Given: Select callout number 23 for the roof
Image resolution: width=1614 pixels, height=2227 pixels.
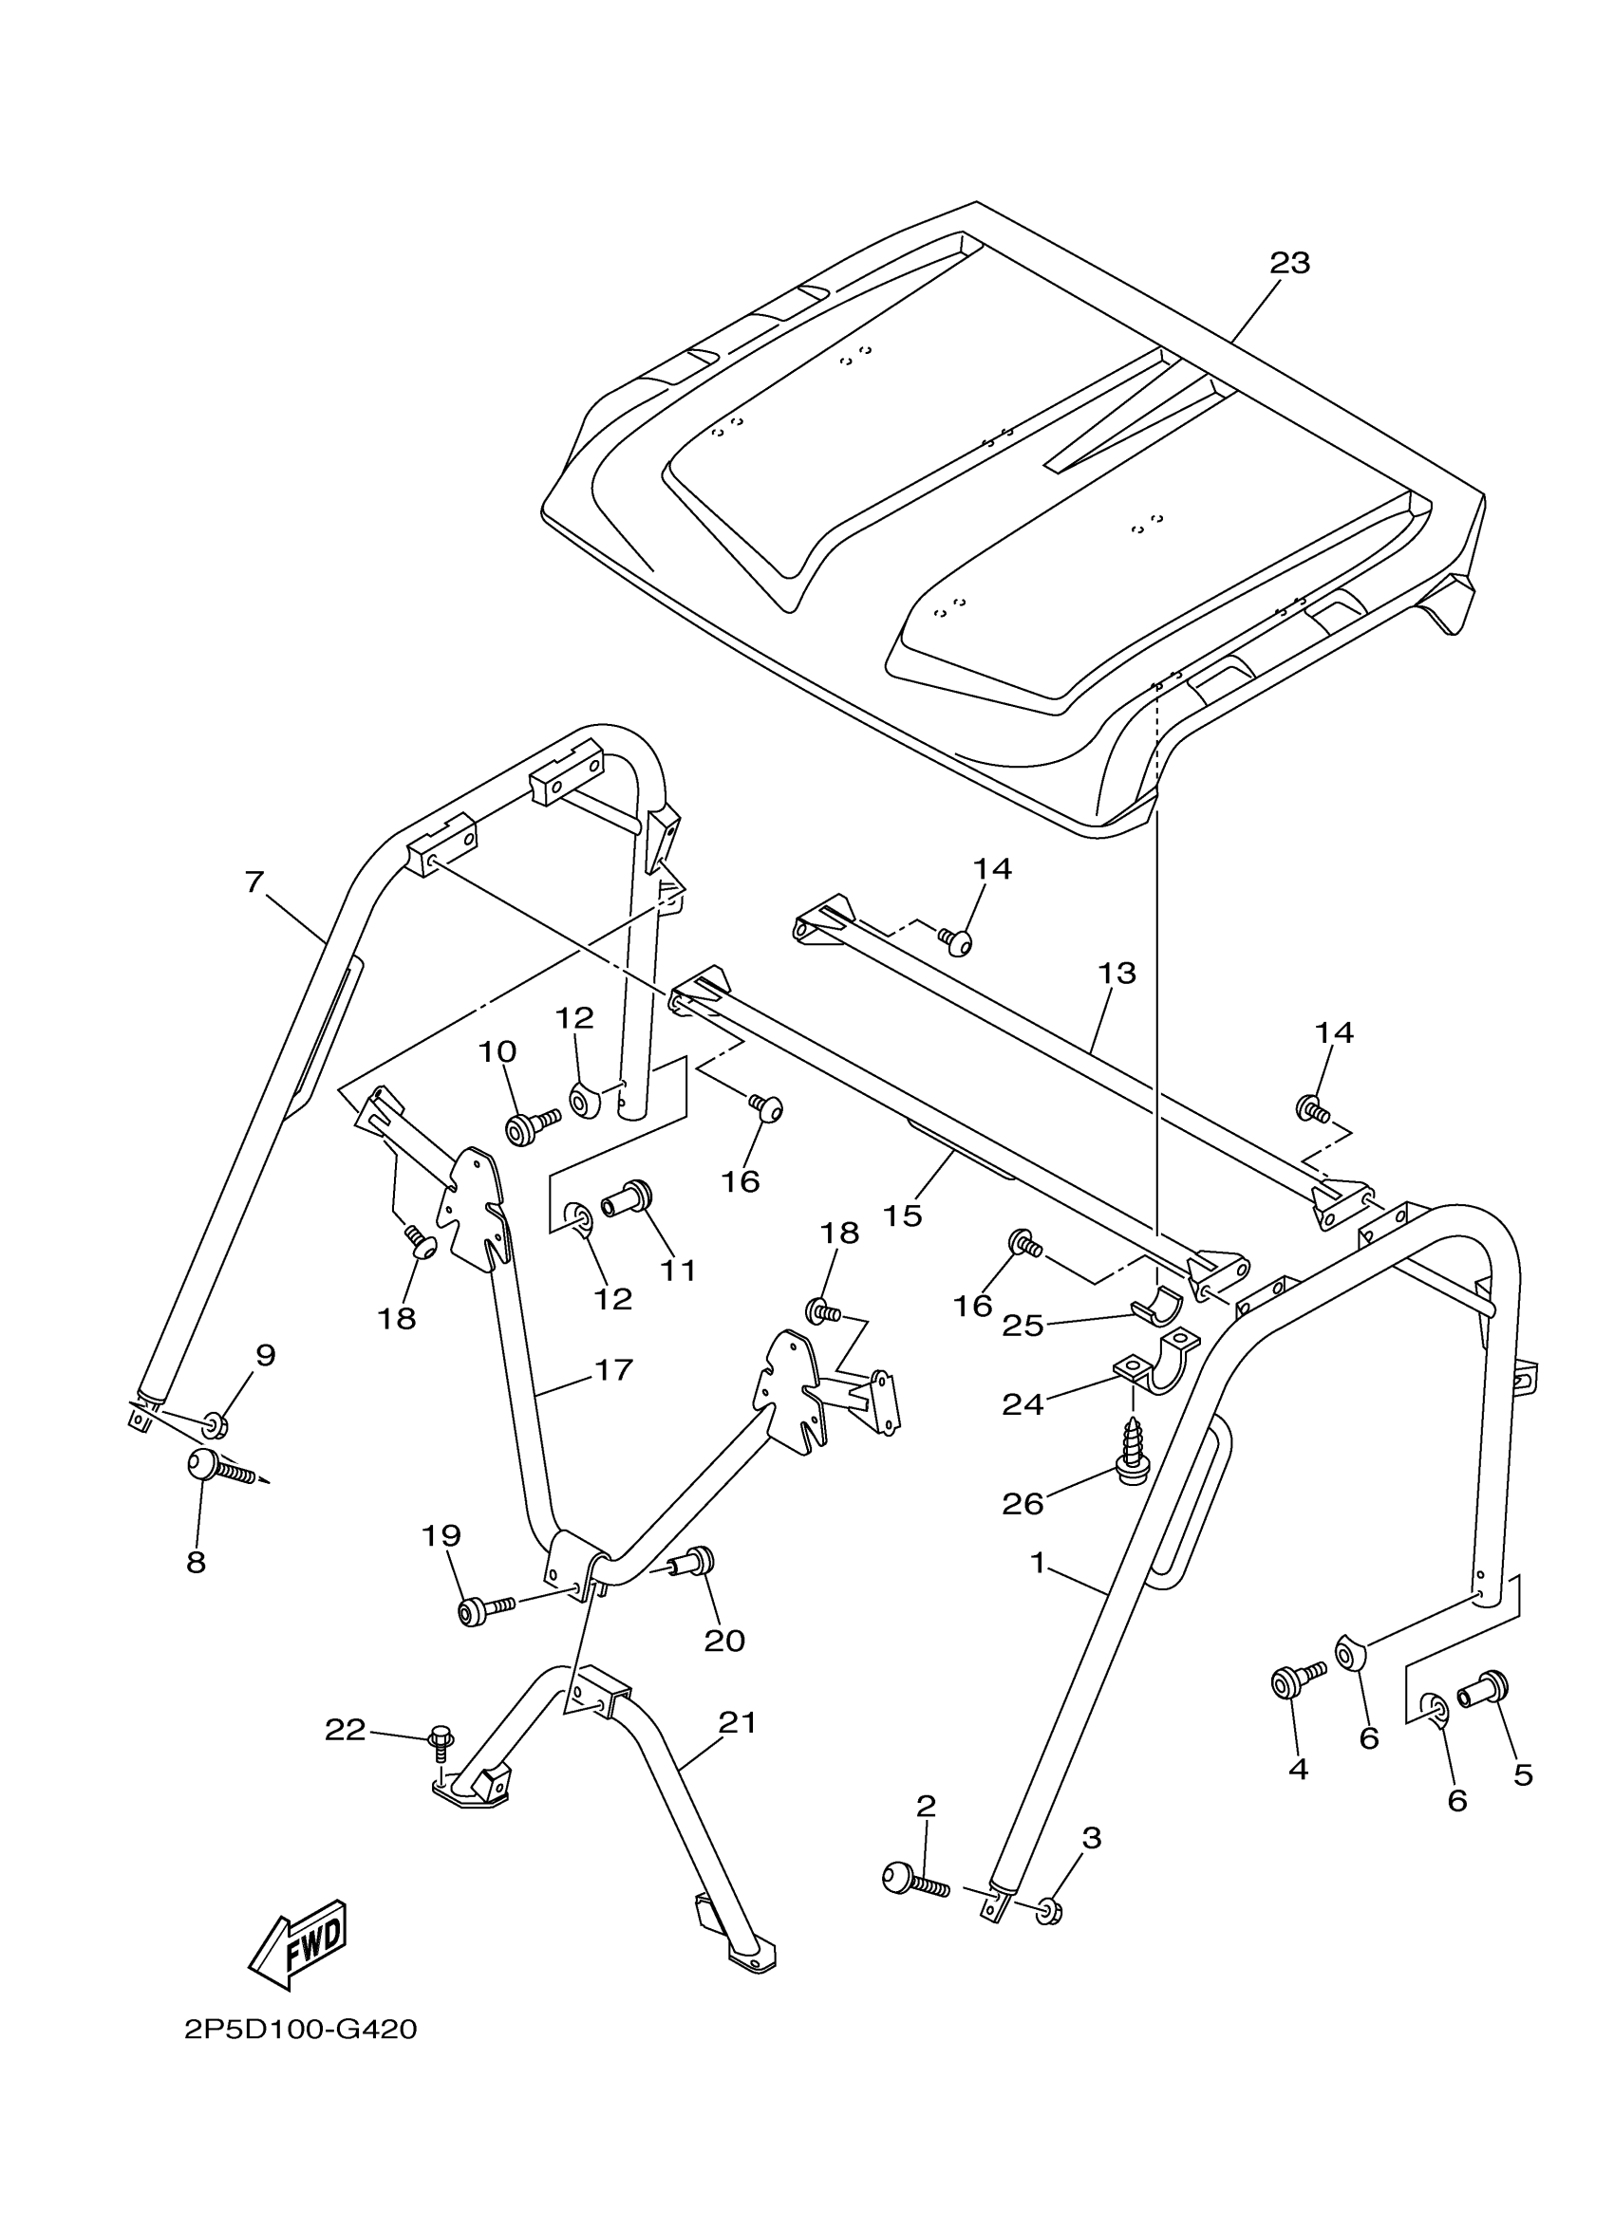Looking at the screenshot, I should click(1289, 263).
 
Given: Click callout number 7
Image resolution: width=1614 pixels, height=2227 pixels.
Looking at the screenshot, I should click(254, 882).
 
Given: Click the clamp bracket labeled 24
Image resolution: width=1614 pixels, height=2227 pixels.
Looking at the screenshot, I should click(1157, 1362).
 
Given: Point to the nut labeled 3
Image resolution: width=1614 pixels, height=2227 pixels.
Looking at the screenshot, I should click(1048, 1911).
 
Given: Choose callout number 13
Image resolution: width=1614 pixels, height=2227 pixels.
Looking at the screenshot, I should click(1117, 974).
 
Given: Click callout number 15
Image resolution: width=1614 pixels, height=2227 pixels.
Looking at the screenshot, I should click(902, 1216).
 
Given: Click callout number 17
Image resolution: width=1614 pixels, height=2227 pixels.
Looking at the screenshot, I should click(613, 1370).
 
